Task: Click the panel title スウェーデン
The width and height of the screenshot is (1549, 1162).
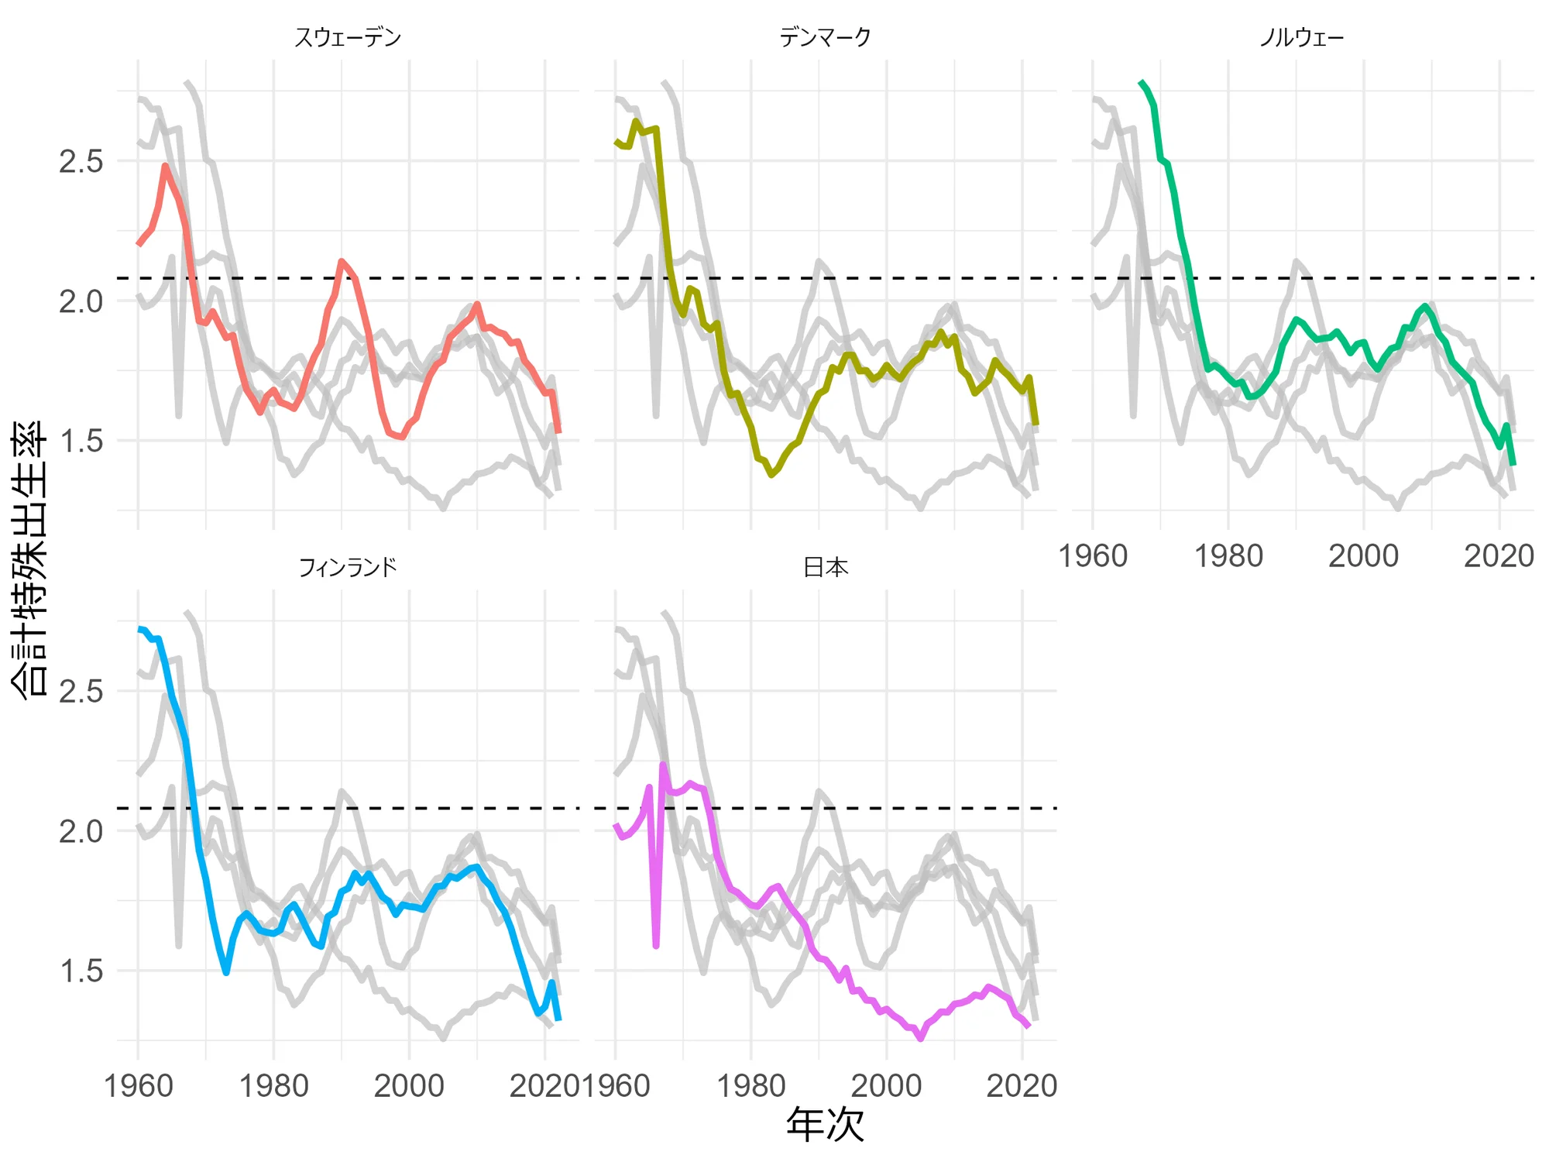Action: pyautogui.click(x=348, y=37)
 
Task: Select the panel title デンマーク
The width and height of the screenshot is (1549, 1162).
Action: pyautogui.click(x=825, y=37)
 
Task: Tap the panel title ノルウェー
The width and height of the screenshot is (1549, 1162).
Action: pyautogui.click(x=1302, y=37)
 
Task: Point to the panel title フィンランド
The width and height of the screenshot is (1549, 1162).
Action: pyautogui.click(x=348, y=568)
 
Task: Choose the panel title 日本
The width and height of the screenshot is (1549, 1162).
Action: pyautogui.click(x=825, y=568)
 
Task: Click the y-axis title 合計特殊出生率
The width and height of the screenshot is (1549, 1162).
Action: pyautogui.click(x=29, y=558)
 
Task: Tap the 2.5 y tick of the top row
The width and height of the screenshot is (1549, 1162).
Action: pyautogui.click(x=81, y=162)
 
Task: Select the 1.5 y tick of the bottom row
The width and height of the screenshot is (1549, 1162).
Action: pyautogui.click(x=81, y=971)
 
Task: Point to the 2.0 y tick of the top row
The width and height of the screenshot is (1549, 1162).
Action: pyautogui.click(x=81, y=301)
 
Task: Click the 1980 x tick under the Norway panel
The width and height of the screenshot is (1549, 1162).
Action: pyautogui.click(x=1228, y=556)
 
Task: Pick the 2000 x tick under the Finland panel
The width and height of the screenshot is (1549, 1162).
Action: pyautogui.click(x=409, y=1086)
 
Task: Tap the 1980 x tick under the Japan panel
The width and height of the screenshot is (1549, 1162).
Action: pyautogui.click(x=751, y=1086)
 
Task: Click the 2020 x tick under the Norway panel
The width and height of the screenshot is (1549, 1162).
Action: pyautogui.click(x=1499, y=556)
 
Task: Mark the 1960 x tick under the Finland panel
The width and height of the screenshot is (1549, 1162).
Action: pyautogui.click(x=139, y=1086)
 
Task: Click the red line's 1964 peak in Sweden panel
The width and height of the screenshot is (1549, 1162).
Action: pyautogui.click(x=166, y=166)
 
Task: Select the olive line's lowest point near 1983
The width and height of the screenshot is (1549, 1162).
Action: pyautogui.click(x=771, y=474)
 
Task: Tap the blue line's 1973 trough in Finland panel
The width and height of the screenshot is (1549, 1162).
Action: pyautogui.click(x=226, y=972)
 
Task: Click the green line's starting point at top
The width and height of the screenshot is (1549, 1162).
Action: pyautogui.click(x=1141, y=82)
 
